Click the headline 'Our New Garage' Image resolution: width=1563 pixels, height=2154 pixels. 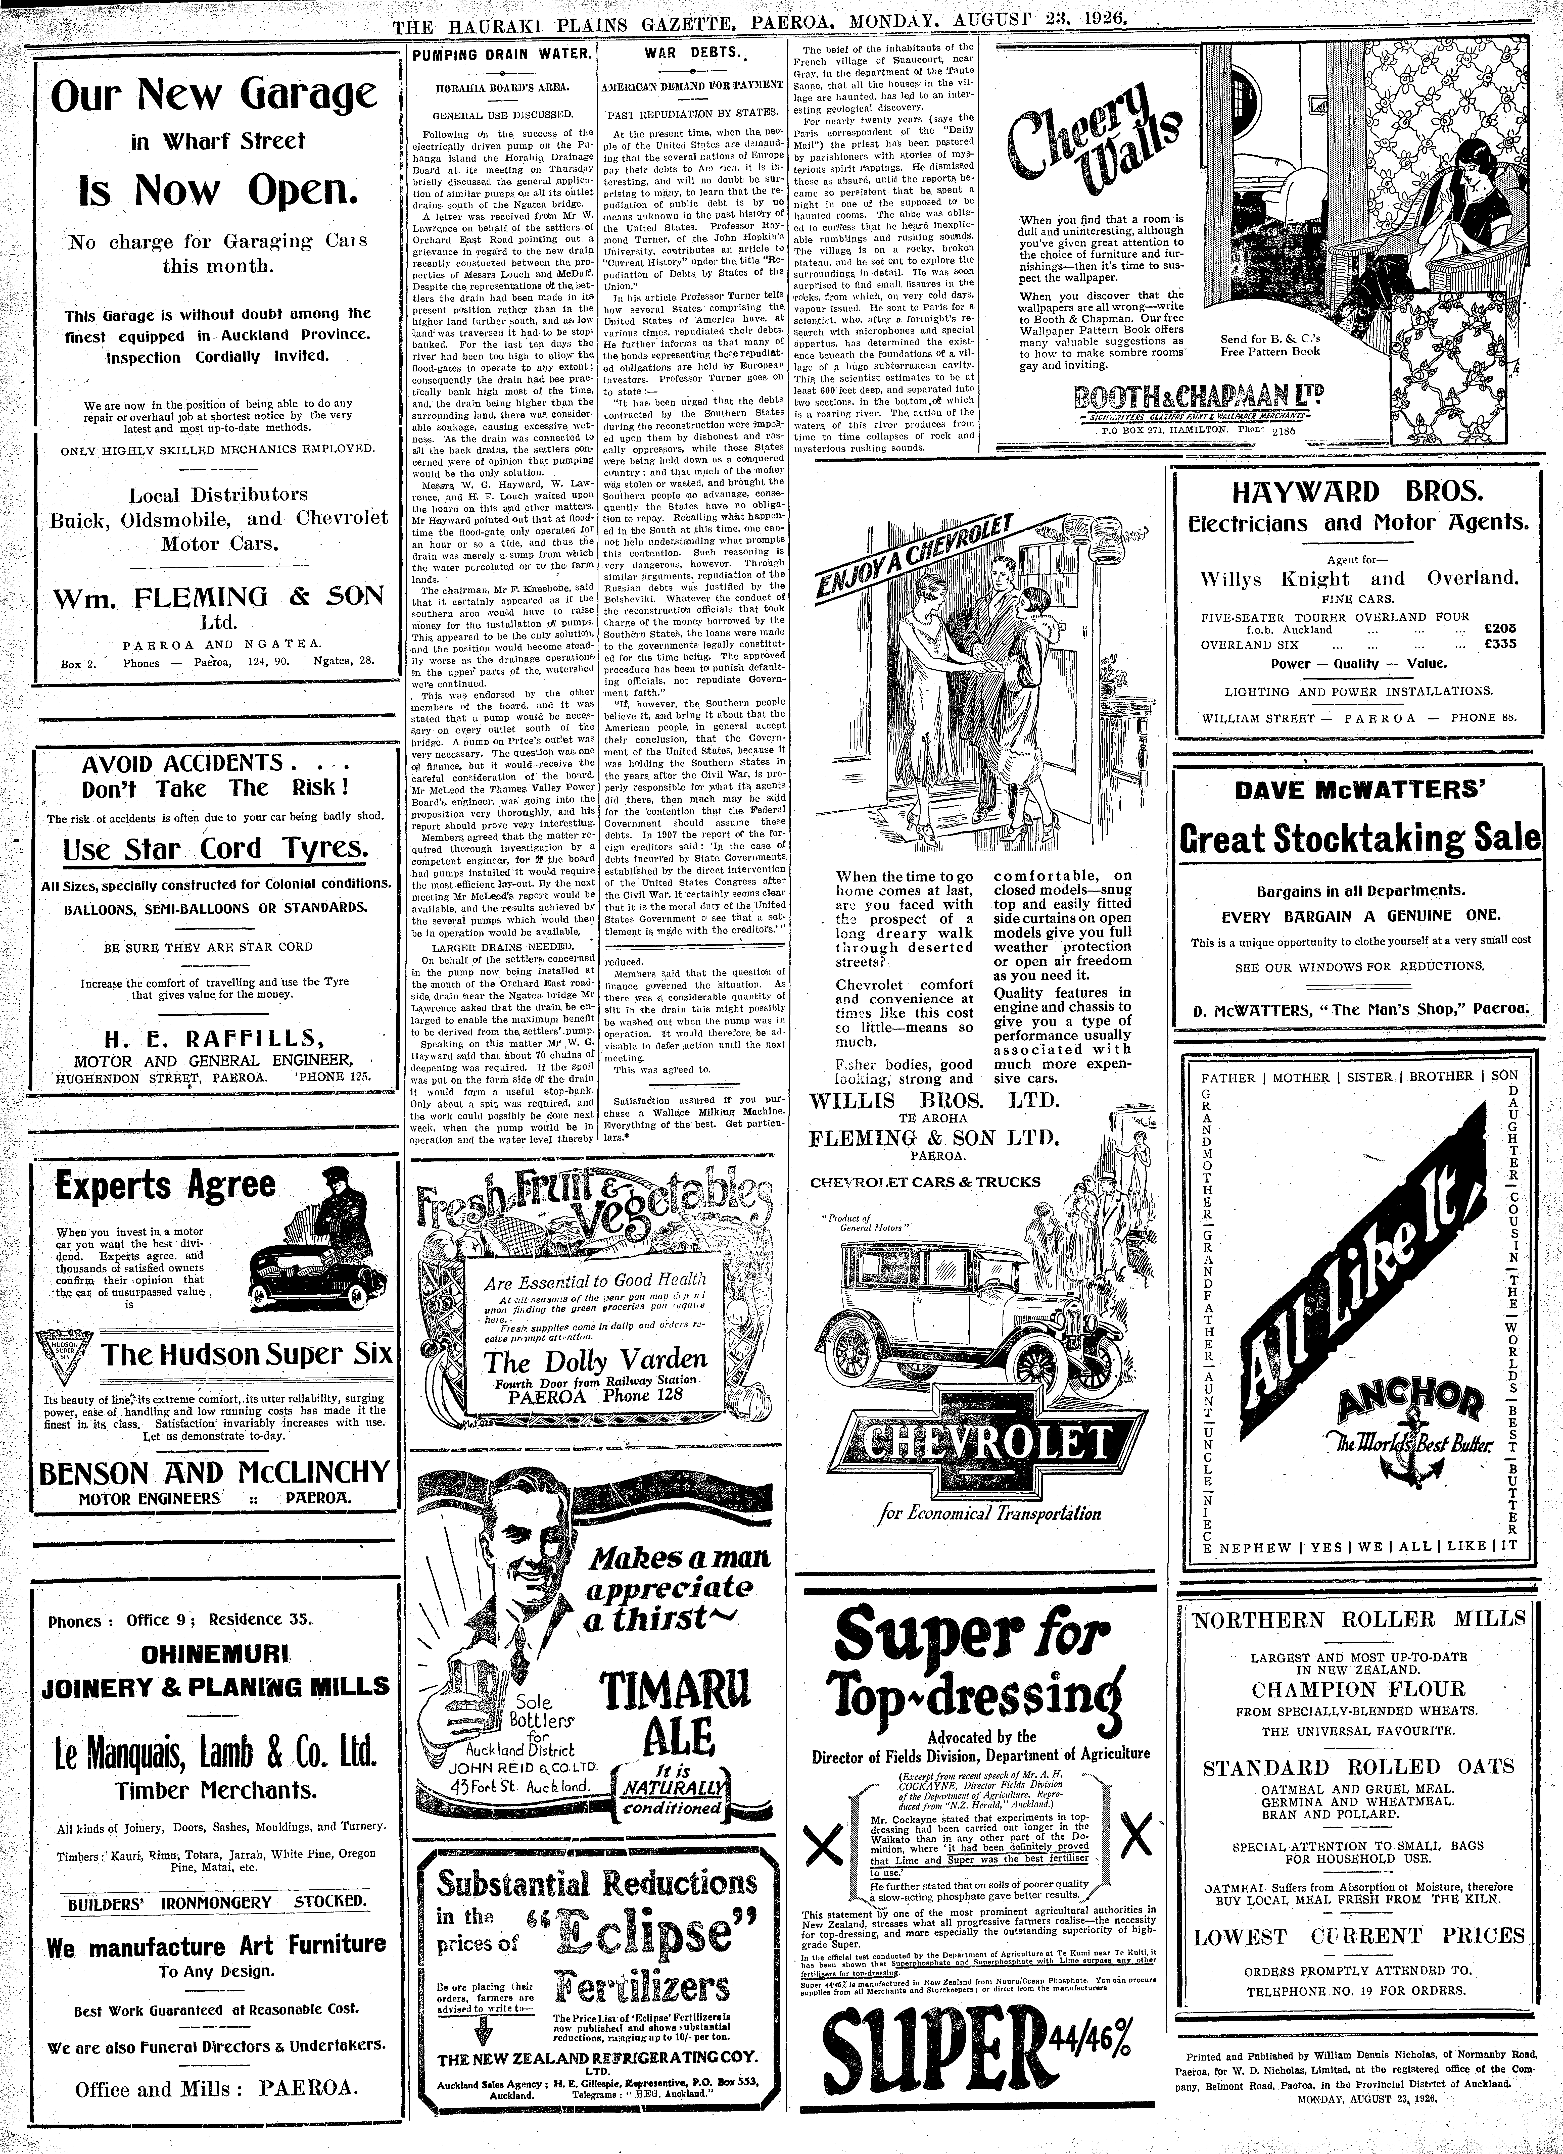214,96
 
